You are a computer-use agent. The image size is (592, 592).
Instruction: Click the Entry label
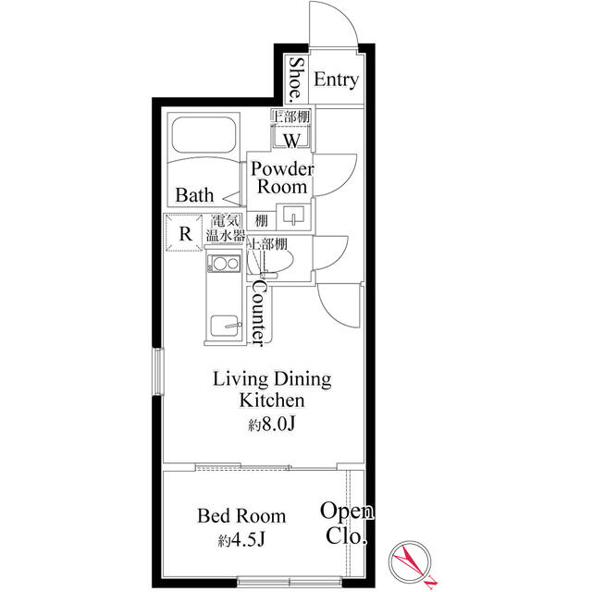(335, 80)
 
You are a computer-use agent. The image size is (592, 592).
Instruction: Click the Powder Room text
(282, 178)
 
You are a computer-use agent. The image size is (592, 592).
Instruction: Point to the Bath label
(195, 195)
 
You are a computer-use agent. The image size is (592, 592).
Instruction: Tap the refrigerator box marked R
(186, 233)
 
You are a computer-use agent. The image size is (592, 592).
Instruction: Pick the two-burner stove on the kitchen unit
(223, 266)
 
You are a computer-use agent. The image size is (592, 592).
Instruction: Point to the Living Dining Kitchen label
(272, 389)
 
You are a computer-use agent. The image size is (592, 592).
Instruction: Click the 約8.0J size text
(271, 425)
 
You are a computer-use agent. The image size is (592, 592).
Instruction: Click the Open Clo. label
(347, 524)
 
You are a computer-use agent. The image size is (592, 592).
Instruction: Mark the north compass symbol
(410, 561)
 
